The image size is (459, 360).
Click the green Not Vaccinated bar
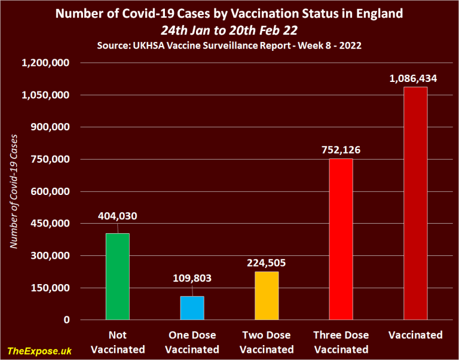coord(117,276)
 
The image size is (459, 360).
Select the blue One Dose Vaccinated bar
coord(192,308)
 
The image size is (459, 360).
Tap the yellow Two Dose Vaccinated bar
coord(266,295)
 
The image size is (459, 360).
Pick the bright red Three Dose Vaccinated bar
coord(341,239)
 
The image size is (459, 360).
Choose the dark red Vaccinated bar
coord(415,203)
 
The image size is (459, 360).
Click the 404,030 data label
coord(117,216)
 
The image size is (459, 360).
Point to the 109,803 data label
coord(192,278)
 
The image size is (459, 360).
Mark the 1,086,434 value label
coord(415,78)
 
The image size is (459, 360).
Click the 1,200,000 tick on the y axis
coord(46,63)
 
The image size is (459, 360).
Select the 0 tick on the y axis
coord(67,320)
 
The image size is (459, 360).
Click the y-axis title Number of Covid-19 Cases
coord(14,191)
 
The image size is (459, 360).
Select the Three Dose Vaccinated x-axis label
coord(341,342)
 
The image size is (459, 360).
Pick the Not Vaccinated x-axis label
coord(117,342)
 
